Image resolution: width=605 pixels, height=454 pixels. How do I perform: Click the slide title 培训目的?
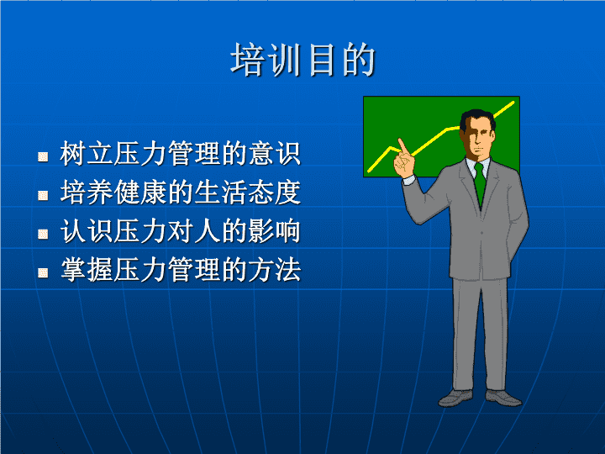[x=302, y=60]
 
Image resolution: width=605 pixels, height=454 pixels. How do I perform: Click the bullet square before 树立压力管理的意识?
[x=43, y=156]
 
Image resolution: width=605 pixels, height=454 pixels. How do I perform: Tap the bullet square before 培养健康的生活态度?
[x=43, y=195]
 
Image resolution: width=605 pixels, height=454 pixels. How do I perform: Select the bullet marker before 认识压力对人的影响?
[x=43, y=234]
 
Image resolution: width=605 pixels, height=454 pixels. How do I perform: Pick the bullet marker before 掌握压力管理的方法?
[x=43, y=272]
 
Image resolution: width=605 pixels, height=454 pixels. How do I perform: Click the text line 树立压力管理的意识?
[x=180, y=154]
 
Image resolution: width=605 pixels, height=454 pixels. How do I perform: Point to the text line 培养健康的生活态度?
[x=180, y=193]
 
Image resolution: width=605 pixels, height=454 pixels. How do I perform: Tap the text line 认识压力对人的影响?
[x=180, y=231]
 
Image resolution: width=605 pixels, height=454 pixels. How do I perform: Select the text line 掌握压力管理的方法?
[x=180, y=270]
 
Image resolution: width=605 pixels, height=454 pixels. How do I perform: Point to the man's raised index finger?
[x=402, y=146]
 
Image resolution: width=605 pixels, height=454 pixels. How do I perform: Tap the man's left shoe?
[x=503, y=398]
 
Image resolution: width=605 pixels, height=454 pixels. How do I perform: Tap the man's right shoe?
[x=455, y=399]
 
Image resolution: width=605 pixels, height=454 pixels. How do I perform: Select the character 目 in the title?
[x=321, y=60]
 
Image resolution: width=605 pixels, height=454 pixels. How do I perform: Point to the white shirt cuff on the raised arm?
[x=409, y=180]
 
